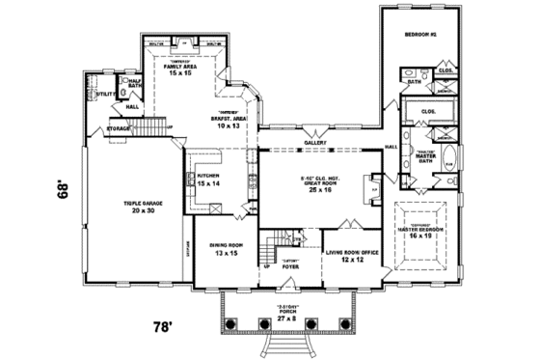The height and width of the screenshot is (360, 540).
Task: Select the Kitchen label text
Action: pyautogui.click(x=208, y=180)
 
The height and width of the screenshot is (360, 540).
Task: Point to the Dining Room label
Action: pyautogui.click(x=225, y=250)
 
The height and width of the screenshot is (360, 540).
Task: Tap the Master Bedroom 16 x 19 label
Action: pyautogui.click(x=421, y=230)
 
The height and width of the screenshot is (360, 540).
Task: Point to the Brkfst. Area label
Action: pyautogui.click(x=229, y=123)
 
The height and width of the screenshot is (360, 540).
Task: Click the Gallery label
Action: pyautogui.click(x=315, y=142)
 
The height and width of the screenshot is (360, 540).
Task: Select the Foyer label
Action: pyautogui.click(x=290, y=262)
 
